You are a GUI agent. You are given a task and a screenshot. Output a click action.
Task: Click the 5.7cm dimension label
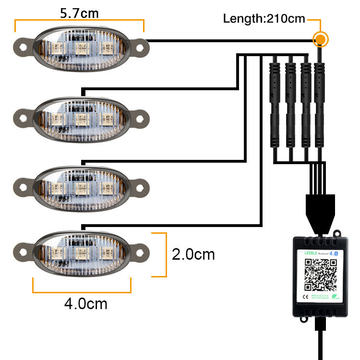80,13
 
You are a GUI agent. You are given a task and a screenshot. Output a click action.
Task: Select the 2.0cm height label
193,254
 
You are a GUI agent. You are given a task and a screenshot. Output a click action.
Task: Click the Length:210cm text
264,19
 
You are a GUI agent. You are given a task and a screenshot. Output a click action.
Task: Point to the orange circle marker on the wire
320,39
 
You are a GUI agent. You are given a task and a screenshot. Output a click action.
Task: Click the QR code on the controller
320,275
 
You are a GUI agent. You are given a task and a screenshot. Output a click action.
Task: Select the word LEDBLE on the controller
312,253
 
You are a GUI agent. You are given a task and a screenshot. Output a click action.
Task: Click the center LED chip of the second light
80,118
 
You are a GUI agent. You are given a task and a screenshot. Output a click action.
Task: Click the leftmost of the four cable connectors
274,103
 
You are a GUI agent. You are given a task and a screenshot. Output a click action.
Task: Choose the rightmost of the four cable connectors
318,103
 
